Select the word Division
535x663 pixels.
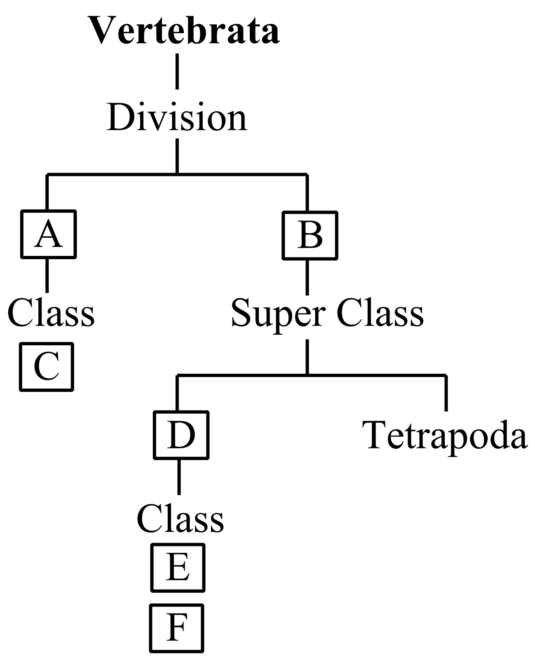click(177, 118)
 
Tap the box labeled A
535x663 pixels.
click(48, 234)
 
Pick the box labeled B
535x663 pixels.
click(310, 236)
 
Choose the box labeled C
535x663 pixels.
click(46, 366)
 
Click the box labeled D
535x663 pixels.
click(181, 435)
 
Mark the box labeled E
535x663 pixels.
click(178, 567)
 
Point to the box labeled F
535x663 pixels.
click(176, 628)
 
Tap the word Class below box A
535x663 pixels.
click(51, 314)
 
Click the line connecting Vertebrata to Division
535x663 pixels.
click(177, 71)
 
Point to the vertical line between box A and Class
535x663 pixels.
click(47, 275)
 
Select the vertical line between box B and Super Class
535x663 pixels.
click(307, 277)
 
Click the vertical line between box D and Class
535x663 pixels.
click(179, 476)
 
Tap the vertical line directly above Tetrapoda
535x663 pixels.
click(446, 394)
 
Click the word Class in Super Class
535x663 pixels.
click(380, 314)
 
